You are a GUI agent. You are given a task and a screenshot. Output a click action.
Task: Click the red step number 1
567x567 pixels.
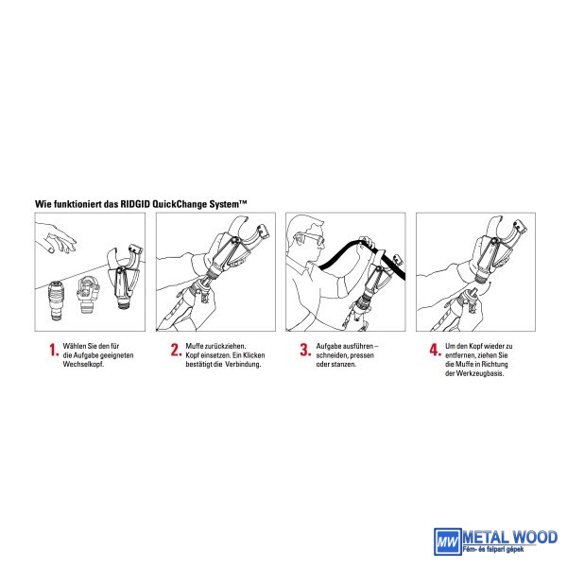(x=53, y=350)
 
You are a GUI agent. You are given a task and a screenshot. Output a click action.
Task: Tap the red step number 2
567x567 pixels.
(x=176, y=350)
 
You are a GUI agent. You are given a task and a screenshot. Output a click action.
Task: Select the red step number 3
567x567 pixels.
(x=305, y=350)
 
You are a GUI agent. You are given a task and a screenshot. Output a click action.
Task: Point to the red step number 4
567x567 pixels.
(x=435, y=350)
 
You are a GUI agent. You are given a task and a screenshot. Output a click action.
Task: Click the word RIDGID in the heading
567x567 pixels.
(x=135, y=204)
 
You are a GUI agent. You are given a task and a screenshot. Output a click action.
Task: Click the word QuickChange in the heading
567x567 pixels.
(x=180, y=204)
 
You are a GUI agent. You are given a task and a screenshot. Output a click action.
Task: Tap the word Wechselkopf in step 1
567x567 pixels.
(x=83, y=365)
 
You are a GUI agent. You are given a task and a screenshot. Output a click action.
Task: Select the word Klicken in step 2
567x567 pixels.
(x=254, y=355)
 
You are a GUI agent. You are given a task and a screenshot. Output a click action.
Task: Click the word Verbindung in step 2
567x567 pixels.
(x=243, y=365)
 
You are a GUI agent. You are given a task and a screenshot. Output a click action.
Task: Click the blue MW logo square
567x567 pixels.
(x=448, y=541)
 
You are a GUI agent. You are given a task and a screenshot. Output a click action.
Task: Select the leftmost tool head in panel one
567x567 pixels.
(x=57, y=301)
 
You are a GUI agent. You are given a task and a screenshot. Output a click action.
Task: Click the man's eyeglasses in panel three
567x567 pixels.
(x=310, y=237)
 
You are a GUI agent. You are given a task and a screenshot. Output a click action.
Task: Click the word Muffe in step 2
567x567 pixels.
(x=194, y=346)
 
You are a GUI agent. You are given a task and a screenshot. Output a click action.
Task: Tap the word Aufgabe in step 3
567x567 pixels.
(x=329, y=346)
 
